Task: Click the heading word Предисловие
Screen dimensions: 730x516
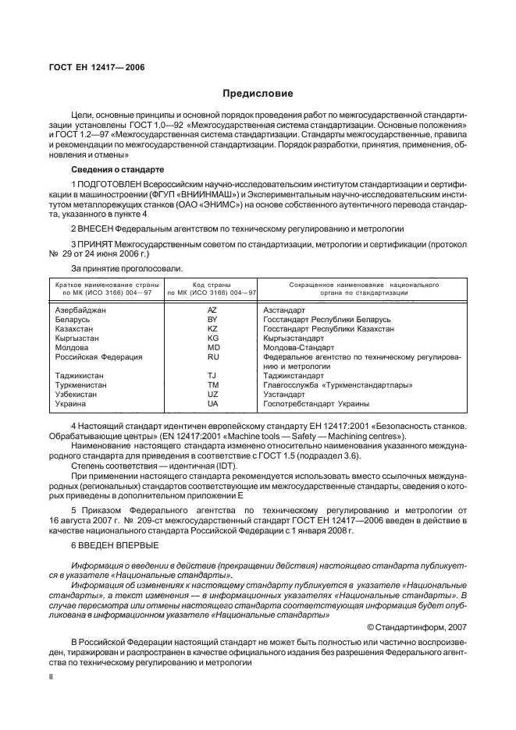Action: (258, 94)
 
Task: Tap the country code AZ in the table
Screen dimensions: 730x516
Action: (212, 310)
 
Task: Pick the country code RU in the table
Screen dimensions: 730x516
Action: (212, 356)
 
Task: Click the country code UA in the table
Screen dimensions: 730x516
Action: (212, 403)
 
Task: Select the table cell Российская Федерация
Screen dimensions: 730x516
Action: (98, 356)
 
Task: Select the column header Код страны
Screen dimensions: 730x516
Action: (212, 286)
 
